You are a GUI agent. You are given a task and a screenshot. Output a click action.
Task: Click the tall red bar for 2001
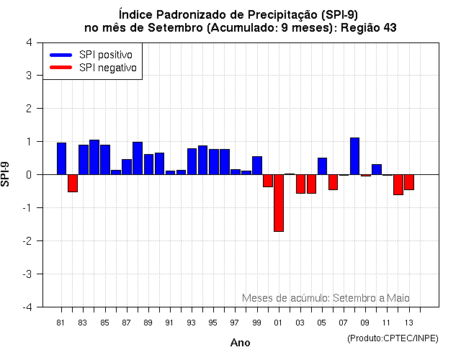[279, 202]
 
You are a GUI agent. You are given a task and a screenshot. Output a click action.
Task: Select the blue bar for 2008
[354, 156]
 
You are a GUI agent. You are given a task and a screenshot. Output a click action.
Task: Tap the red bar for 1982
[73, 183]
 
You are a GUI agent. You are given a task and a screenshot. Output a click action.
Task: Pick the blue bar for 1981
[62, 158]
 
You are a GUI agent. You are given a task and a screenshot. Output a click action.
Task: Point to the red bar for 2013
[409, 181]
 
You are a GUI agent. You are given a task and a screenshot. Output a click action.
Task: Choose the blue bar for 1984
[94, 157]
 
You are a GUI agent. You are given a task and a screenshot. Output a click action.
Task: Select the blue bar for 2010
[377, 169]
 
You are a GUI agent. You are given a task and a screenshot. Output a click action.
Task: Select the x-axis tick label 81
[61, 323]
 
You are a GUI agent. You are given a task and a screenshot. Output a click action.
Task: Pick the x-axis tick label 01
[278, 323]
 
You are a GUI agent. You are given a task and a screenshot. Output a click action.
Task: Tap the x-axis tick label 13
[408, 323]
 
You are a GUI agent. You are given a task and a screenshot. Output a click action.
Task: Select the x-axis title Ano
[240, 343]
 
